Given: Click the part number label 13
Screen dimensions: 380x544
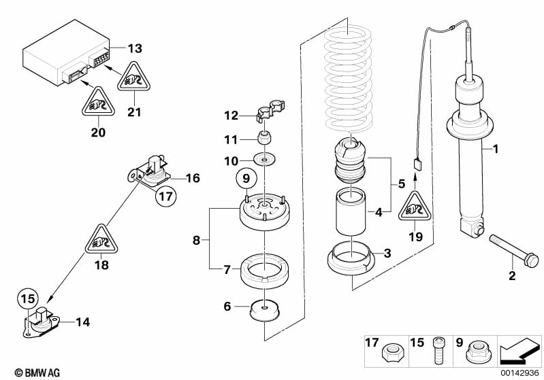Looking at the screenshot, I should click(x=135, y=48).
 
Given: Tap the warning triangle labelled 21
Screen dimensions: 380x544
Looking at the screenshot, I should click(x=134, y=80).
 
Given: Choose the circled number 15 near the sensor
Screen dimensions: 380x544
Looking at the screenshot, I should click(x=26, y=298).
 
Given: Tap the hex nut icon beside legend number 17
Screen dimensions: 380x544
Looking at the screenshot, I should click(x=391, y=353).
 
